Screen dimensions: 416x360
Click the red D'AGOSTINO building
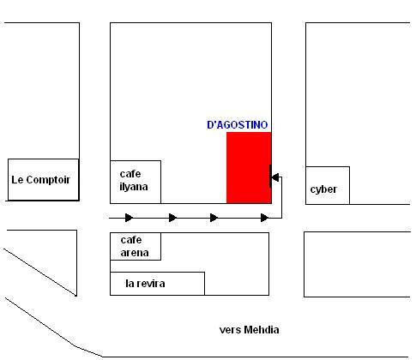(x=249, y=168)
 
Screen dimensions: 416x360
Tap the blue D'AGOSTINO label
(x=238, y=125)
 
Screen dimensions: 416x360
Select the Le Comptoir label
(x=40, y=180)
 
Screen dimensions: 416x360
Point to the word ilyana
(x=134, y=187)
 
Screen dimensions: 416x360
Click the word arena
(x=135, y=253)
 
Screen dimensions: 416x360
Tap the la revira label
(x=145, y=284)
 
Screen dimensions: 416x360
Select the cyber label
(x=323, y=189)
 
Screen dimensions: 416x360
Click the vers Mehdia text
(x=249, y=330)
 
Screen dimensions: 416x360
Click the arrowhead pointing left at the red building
(x=275, y=177)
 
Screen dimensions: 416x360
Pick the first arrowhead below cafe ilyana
(x=129, y=218)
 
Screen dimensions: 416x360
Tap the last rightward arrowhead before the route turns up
(x=264, y=218)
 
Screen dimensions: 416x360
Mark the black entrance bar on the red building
(x=270, y=177)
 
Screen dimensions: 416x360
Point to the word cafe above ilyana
(x=130, y=174)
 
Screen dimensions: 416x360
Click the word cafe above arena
(x=131, y=240)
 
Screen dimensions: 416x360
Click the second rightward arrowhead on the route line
(x=172, y=218)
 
